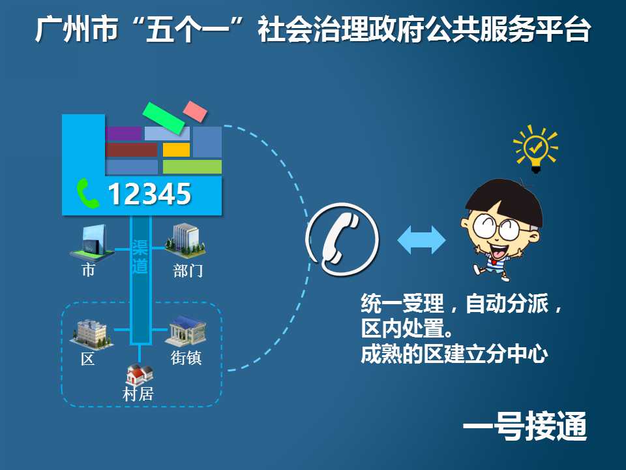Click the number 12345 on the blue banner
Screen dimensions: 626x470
150,195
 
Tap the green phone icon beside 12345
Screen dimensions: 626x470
87,194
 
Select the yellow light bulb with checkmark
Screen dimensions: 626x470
535,149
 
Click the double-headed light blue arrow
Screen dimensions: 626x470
421,240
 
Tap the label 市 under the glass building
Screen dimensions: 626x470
88,270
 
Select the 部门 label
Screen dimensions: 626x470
188,270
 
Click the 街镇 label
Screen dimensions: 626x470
186,357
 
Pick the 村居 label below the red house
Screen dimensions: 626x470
138,394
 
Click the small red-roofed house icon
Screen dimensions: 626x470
140,375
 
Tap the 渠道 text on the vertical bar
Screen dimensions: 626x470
140,257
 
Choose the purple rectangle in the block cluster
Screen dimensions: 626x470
124,133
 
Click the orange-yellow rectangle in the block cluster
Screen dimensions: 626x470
176,150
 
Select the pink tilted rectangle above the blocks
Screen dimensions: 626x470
195,112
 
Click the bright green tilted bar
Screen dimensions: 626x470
164,118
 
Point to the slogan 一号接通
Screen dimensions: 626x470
525,426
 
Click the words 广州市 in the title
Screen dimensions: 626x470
77,29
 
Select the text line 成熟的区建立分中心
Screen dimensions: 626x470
454,354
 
